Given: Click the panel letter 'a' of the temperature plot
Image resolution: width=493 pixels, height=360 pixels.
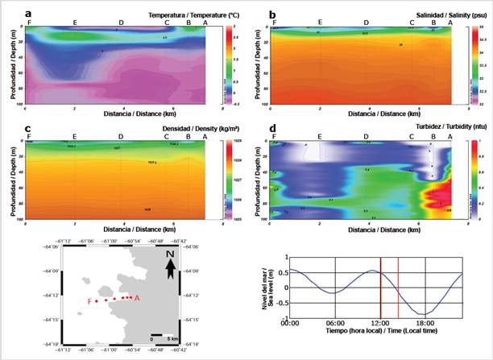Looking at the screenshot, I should pyautogui.click(x=28, y=13).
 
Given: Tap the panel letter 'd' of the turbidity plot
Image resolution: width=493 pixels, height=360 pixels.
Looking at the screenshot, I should pyautogui.click(x=273, y=128).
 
